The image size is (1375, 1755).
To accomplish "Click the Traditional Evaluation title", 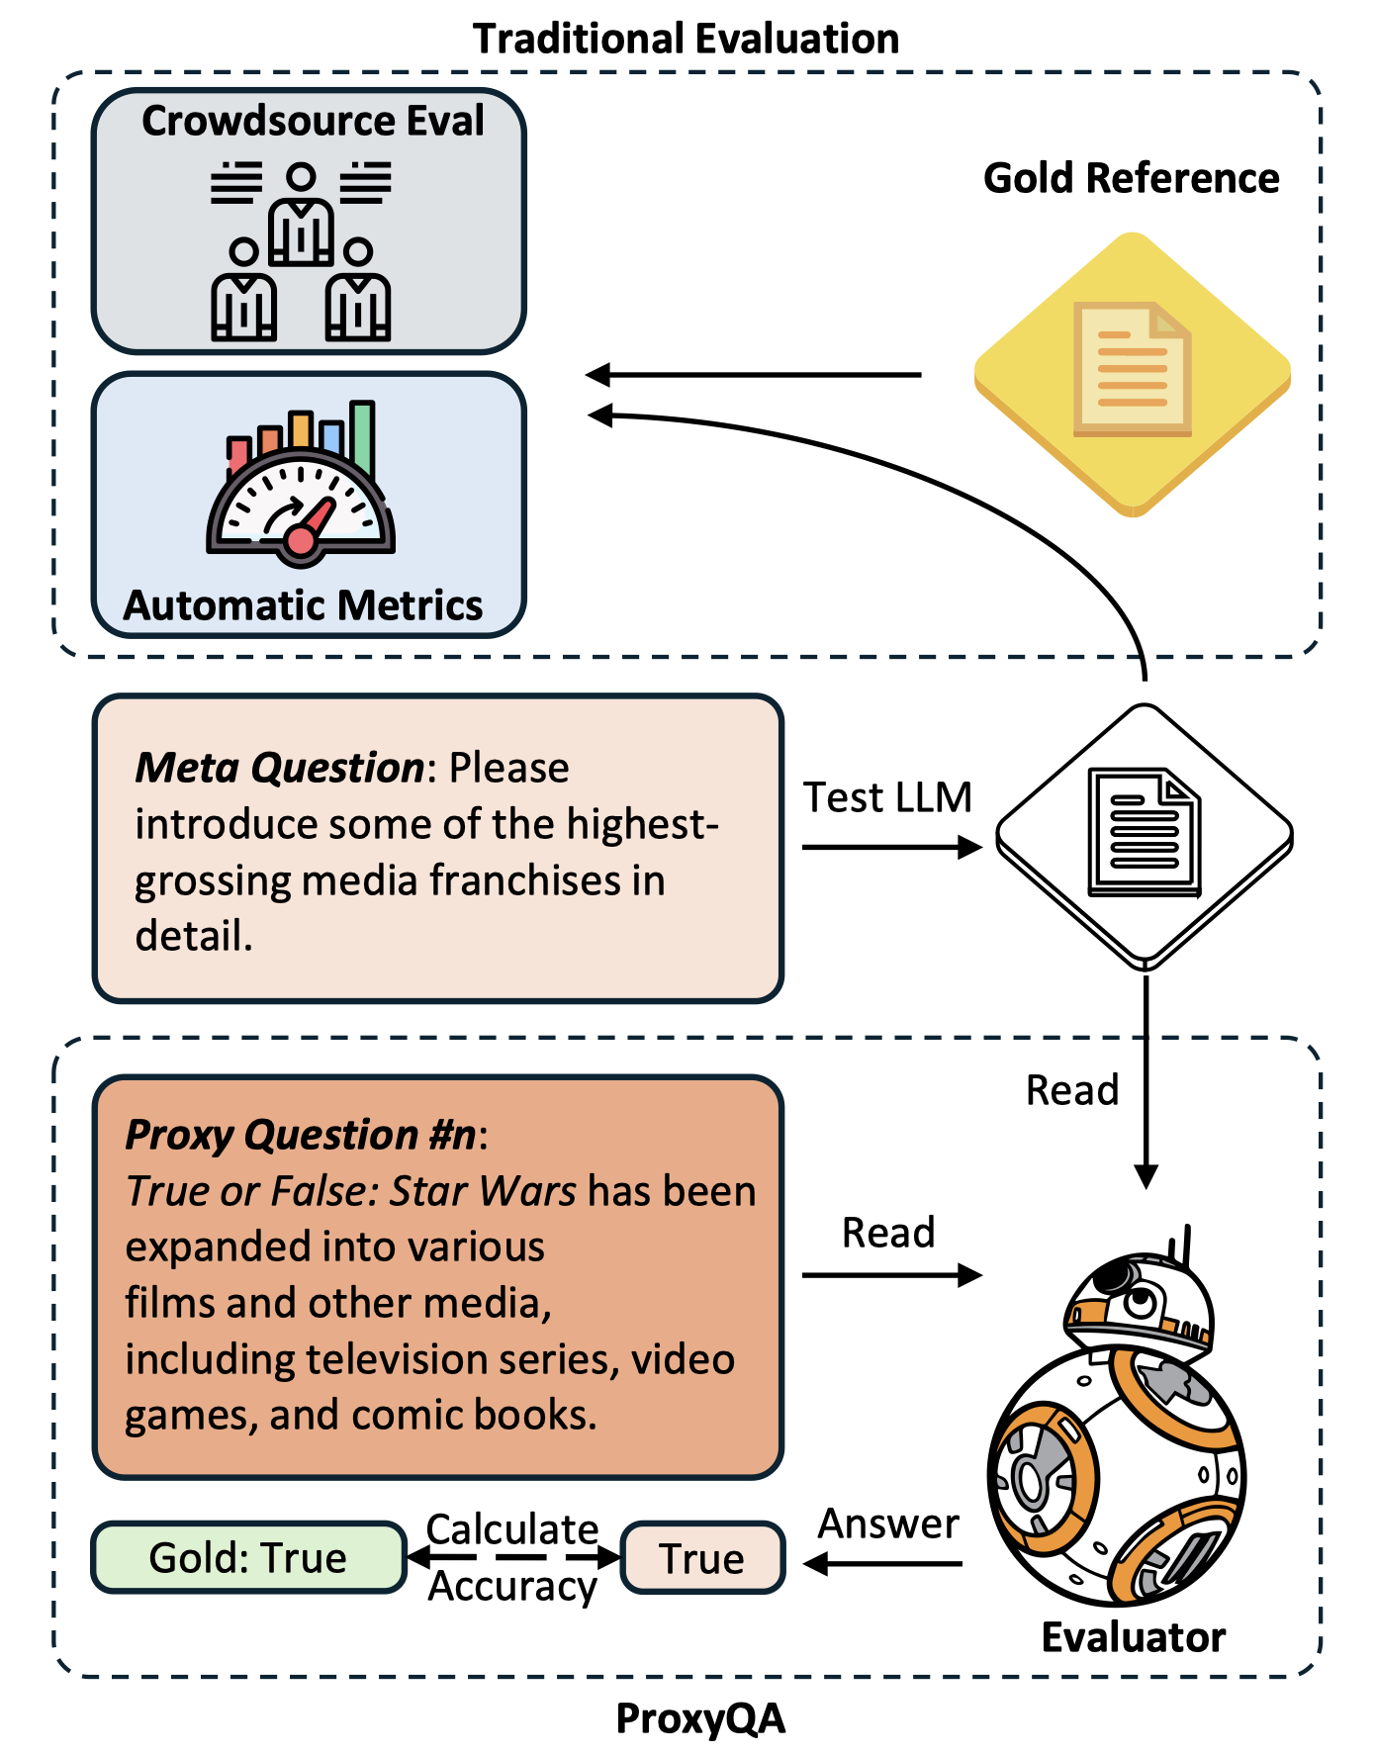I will pos(686,39).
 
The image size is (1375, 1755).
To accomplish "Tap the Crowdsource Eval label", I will pos(313,121).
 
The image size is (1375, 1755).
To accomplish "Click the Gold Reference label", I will pos(1131,178).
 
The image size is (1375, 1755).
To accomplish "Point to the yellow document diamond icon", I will pos(1133,374).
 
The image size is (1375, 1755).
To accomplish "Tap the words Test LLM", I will pos(887,797).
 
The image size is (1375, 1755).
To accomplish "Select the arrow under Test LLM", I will pos(890,847).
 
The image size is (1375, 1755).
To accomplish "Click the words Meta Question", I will pos(280,768).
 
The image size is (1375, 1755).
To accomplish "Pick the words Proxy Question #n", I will pos(301,1135).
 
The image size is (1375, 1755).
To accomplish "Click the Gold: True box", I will pos(248,1557).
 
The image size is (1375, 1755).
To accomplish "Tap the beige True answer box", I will pos(702,1558).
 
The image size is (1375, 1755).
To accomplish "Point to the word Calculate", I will pos(512,1529).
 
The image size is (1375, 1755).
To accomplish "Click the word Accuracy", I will pos(512,1587).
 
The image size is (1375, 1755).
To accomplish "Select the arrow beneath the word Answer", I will pos(883,1564).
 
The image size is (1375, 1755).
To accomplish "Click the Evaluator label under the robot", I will pos(1134,1637).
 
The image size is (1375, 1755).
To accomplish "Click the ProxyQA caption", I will pos(700,1719).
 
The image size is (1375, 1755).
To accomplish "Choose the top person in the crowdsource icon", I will pos(302,213).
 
